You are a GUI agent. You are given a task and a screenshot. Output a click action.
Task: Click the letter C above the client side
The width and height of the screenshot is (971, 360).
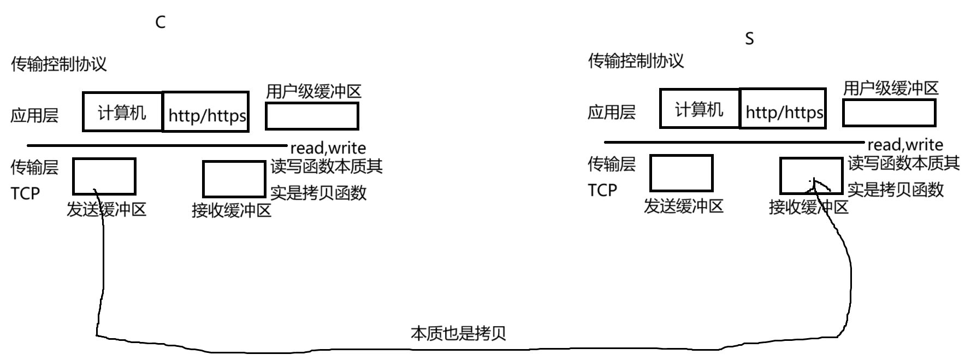tap(160, 22)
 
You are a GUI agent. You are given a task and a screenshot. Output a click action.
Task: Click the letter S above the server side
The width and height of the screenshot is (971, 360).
tap(749, 39)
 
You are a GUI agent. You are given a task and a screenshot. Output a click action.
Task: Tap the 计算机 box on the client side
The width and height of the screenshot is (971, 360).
tap(122, 113)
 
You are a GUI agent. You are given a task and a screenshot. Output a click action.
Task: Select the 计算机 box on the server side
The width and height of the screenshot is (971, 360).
tap(699, 109)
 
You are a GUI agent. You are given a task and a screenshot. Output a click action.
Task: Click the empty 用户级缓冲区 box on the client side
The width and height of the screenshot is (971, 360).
tap(312, 116)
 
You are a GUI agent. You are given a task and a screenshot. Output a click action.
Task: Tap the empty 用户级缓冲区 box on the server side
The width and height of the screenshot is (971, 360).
tap(889, 113)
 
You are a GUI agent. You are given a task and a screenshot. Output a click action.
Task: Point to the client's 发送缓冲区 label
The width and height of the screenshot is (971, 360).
tap(106, 209)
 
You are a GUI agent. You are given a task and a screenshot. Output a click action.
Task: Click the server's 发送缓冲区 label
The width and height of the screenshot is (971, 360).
tap(683, 206)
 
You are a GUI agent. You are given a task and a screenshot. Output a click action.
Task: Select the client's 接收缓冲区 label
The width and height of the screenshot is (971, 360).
tap(232, 210)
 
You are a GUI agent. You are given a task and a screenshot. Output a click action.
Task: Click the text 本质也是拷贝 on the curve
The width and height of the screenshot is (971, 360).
tap(458, 333)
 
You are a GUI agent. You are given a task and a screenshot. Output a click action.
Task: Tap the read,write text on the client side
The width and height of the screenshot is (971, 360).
tap(328, 148)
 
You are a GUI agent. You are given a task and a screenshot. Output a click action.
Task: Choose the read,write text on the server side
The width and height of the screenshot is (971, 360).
tap(905, 145)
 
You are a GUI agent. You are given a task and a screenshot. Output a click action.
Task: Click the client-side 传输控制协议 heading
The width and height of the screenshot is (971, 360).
tap(59, 64)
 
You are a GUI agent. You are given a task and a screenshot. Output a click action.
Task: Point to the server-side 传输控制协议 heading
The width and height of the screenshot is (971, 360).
tap(636, 61)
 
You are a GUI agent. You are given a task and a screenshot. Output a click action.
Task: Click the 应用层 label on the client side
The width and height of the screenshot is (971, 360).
tap(34, 115)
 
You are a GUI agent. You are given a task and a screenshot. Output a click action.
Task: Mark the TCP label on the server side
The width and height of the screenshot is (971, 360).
tap(602, 190)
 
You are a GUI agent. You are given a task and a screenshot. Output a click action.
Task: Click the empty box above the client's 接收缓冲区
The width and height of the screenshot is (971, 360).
tap(234, 179)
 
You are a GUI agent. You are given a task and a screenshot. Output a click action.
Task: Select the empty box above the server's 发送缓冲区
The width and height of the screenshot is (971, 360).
tap(681, 173)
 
